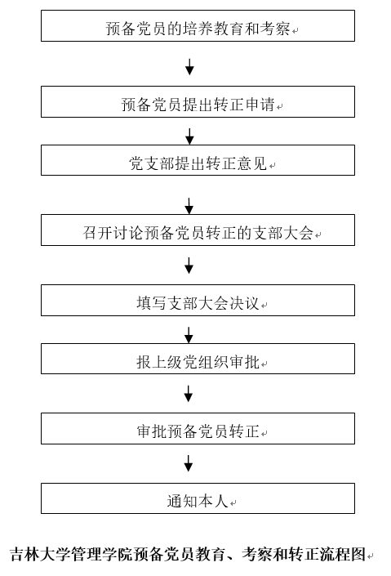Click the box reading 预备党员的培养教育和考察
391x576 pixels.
198,25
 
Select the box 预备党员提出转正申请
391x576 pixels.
198,102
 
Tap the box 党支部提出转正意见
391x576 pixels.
198,160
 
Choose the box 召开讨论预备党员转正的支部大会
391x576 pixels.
198,230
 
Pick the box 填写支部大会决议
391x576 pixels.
198,300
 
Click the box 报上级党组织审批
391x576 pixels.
198,359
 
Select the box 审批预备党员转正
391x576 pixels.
198,428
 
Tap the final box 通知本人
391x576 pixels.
198,498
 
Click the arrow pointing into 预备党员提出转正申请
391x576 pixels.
189,67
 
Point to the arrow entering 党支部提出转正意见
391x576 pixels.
189,136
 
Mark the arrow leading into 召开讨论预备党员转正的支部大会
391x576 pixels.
189,206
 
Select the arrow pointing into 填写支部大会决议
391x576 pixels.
189,266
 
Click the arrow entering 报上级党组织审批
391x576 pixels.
189,335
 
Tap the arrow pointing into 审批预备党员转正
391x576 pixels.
189,394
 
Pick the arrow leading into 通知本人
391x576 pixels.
189,463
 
